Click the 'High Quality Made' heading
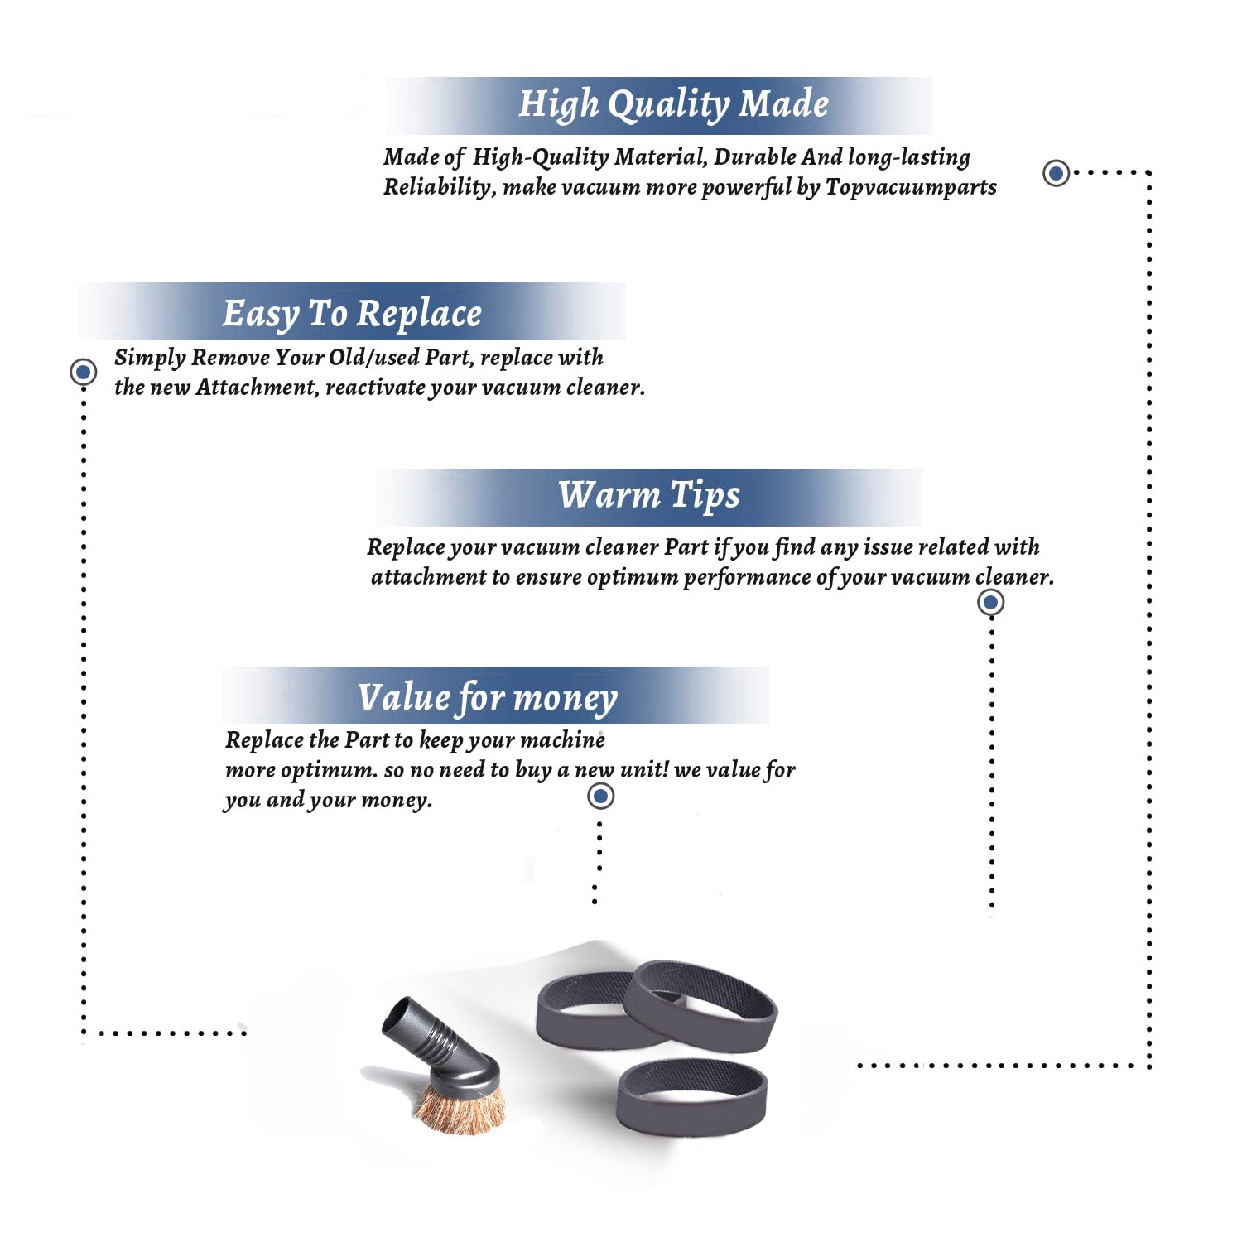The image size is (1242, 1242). [x=673, y=105]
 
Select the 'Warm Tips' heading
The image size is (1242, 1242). [x=649, y=496]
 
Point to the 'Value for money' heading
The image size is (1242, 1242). [x=488, y=698]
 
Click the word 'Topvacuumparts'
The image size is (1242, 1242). [x=911, y=188]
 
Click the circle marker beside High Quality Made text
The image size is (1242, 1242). [x=1056, y=173]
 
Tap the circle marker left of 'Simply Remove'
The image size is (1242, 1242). [x=83, y=372]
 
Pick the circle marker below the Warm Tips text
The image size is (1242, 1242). [x=991, y=602]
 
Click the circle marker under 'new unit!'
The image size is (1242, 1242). [x=600, y=797]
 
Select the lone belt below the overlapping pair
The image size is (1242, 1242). [x=692, y=1096]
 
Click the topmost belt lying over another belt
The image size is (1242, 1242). [x=700, y=1005]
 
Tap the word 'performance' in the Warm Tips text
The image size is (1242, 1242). [x=747, y=578]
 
